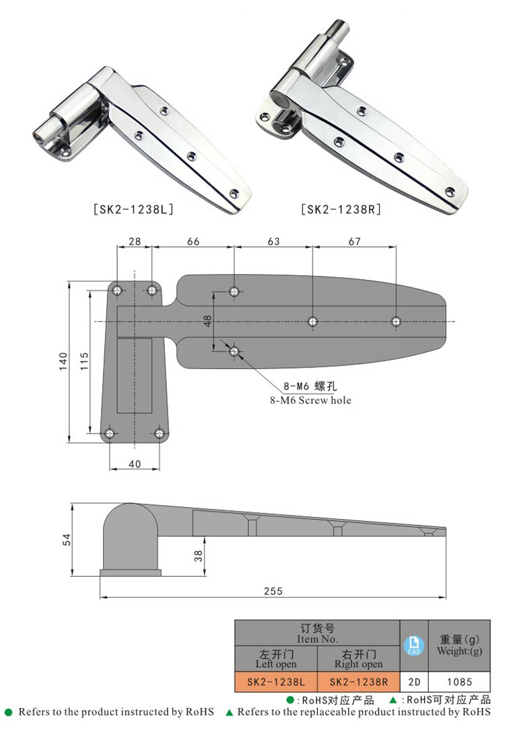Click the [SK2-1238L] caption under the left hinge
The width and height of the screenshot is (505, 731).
pyautogui.click(x=133, y=209)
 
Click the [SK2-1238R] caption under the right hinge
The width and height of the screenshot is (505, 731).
pyautogui.click(x=341, y=209)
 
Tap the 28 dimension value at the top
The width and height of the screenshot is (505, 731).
pyautogui.click(x=135, y=242)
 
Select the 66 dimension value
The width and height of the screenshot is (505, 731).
pyautogui.click(x=193, y=242)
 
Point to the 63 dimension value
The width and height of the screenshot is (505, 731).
pyautogui.click(x=273, y=242)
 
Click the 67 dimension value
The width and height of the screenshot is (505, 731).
pyautogui.click(x=354, y=242)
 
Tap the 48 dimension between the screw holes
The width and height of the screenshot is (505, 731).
pyautogui.click(x=208, y=321)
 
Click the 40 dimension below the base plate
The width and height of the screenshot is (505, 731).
pyautogui.click(x=135, y=463)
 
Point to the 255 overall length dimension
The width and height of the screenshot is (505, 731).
pyautogui.click(x=273, y=591)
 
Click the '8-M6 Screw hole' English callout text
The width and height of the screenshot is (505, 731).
pyautogui.click(x=307, y=400)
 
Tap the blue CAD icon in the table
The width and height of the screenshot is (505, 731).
pyautogui.click(x=413, y=646)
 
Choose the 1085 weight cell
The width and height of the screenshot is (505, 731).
pyautogui.click(x=459, y=682)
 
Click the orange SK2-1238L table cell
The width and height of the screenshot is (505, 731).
pyautogui.click(x=275, y=682)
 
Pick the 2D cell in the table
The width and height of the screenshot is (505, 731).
pyautogui.click(x=413, y=682)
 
